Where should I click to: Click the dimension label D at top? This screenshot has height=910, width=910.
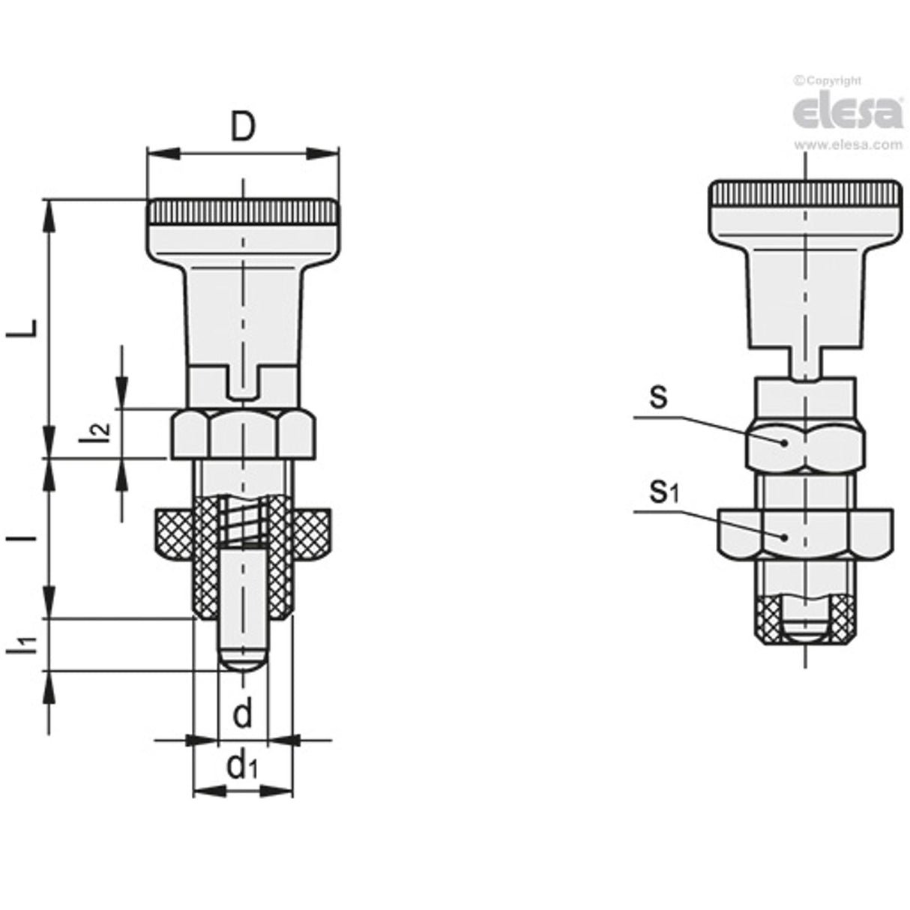pos(242,128)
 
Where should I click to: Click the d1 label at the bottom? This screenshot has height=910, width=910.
pos(243,766)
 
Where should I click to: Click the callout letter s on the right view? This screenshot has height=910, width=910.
pos(657,397)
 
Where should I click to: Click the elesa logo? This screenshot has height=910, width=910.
pos(847,113)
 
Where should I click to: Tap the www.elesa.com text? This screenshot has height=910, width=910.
pos(848,145)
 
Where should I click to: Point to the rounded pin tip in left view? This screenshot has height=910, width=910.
pos(242,660)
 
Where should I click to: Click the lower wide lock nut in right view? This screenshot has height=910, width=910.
pos(804,534)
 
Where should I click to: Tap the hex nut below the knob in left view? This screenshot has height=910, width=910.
pos(243,433)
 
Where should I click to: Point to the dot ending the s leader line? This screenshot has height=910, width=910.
pos(785,442)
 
